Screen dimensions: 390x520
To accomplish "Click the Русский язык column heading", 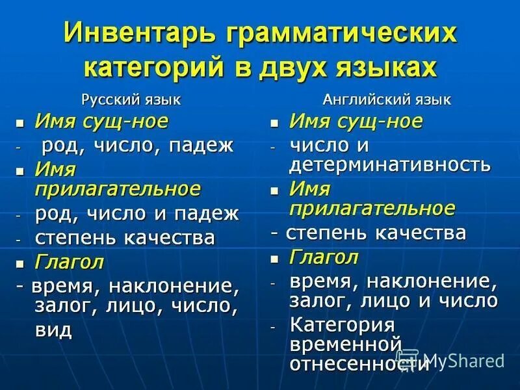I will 131,99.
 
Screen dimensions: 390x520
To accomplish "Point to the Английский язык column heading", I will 387,99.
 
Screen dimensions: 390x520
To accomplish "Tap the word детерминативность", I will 390,164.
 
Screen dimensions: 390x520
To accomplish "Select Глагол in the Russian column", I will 70,263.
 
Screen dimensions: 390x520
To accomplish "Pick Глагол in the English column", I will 324,257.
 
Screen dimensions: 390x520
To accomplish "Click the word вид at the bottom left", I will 53,329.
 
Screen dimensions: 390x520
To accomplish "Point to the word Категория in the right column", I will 342,324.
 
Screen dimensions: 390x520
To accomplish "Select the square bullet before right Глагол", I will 275,258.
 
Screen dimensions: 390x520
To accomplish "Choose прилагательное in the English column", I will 372,208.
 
